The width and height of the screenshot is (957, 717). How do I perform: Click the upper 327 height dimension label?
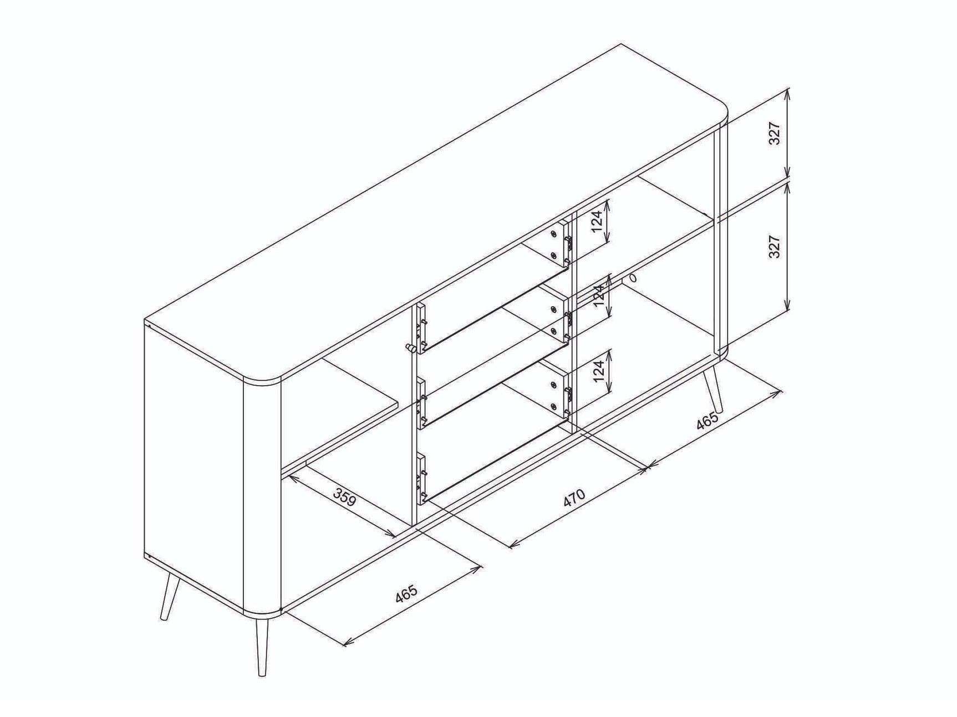pyautogui.click(x=775, y=134)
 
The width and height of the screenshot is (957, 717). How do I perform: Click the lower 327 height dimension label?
pyautogui.click(x=775, y=247)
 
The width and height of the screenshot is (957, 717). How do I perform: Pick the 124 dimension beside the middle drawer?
pyautogui.click(x=598, y=296)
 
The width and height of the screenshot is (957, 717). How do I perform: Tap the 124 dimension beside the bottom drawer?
pyautogui.click(x=598, y=372)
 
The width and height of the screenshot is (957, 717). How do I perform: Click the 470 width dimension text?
pyautogui.click(x=574, y=498)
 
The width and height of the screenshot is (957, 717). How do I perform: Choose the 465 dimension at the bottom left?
pyautogui.click(x=406, y=595)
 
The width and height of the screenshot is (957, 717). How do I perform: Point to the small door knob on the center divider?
pyautogui.click(x=410, y=349)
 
